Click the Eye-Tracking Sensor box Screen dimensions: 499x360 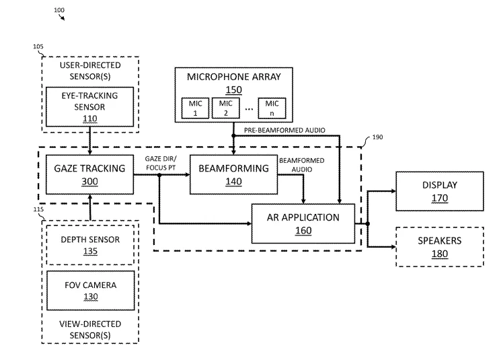coord(89,106)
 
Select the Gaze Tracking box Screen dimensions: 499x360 coord(89,174)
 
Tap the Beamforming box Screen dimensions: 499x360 coord(233,174)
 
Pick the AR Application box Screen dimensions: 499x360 coord(303,224)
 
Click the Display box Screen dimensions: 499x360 coord(440,191)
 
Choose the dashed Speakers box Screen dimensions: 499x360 coord(440,247)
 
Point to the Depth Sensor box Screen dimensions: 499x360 coord(90,245)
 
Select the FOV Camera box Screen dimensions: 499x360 coord(91,291)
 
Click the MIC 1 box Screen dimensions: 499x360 coord(195,108)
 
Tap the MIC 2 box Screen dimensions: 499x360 coord(226,108)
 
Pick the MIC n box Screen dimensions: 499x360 coord(272,108)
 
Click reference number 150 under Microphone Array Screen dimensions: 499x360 coord(234,90)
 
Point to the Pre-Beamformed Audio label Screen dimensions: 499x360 coord(284,130)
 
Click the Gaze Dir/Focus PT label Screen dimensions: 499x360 coord(161,164)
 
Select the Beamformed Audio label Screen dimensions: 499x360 coord(302,165)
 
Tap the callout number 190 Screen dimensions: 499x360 coord(377,137)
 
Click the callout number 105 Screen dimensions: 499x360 coord(38,46)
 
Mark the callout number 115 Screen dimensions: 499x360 coord(38,209)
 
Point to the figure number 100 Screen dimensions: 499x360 coord(59,10)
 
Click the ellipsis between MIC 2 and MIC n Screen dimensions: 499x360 coord(249,110)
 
